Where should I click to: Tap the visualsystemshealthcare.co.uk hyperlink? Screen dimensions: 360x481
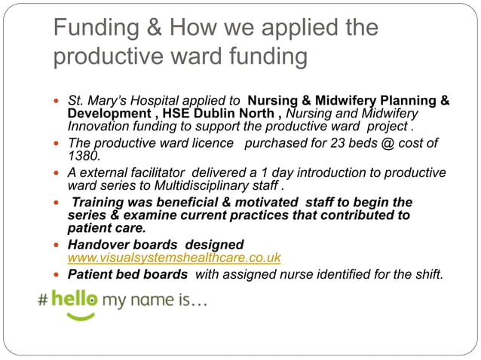(174, 258)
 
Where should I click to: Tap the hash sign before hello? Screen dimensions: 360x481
(44, 300)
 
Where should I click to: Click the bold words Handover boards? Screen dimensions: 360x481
(127, 245)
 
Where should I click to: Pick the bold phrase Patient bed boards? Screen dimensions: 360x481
(127, 274)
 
